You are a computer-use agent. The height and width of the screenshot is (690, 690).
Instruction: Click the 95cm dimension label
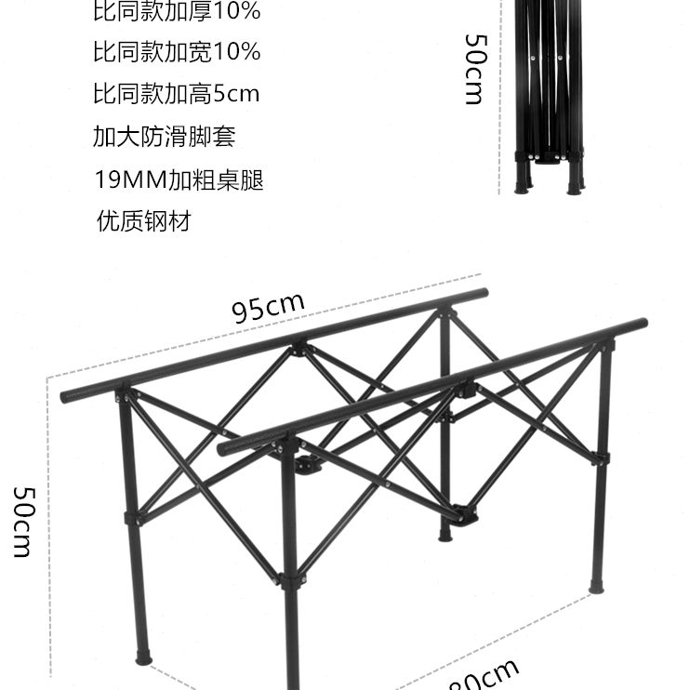pyautogui.click(x=269, y=308)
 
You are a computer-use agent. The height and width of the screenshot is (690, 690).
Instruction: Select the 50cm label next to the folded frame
pyautogui.click(x=474, y=70)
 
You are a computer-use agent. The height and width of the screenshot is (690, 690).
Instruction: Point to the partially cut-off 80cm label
pyautogui.click(x=484, y=677)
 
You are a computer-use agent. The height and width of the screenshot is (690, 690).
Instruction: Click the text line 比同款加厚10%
pyautogui.click(x=177, y=13)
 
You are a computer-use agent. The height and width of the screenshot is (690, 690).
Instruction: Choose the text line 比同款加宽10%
pyautogui.click(x=177, y=52)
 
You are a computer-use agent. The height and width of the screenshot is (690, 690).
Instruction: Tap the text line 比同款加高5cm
pyautogui.click(x=176, y=94)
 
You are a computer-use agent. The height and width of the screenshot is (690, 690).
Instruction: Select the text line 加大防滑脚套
pyautogui.click(x=164, y=137)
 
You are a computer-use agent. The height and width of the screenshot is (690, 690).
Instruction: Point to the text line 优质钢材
pyautogui.click(x=144, y=221)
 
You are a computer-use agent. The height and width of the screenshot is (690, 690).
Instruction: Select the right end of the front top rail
pyautogui.click(x=642, y=324)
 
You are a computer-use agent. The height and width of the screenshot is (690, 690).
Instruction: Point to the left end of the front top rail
pyautogui.click(x=223, y=449)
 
